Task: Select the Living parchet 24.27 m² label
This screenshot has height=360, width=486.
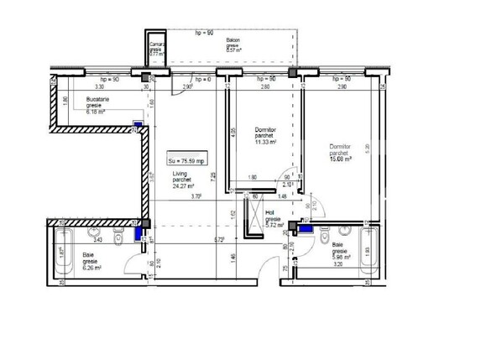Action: [x=183, y=180]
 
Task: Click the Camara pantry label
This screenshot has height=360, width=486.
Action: [x=155, y=47]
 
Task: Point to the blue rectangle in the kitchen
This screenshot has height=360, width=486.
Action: [x=136, y=128]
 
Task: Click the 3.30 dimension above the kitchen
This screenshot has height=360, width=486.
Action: [x=99, y=86]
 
